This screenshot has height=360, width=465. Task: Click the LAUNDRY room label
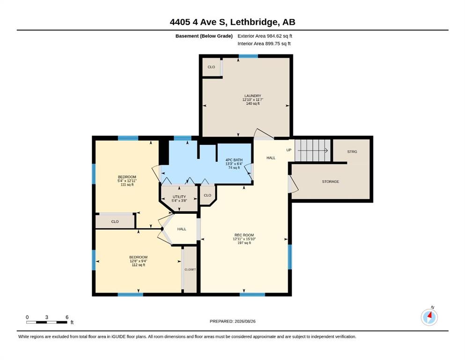pyautogui.click(x=253, y=96)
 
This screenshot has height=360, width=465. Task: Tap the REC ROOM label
pyautogui.click(x=244, y=235)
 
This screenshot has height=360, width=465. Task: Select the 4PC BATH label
pyautogui.click(x=234, y=160)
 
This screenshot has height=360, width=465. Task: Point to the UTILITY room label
pyautogui.click(x=179, y=197)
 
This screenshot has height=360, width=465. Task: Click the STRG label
pyautogui.click(x=352, y=152)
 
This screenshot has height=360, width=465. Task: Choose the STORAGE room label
pyautogui.click(x=330, y=181)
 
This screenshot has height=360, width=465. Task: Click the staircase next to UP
pyautogui.click(x=312, y=150)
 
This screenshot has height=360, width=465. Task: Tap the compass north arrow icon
pyautogui.click(x=429, y=317)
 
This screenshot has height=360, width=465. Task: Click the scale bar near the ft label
pyautogui.click(x=46, y=322)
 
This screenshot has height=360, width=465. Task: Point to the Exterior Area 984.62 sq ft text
pyautogui.click(x=265, y=36)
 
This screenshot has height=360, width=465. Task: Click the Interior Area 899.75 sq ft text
pyautogui.click(x=264, y=44)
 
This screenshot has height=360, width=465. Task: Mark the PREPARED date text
pyautogui.click(x=232, y=321)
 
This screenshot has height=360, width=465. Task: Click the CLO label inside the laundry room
pyautogui.click(x=211, y=67)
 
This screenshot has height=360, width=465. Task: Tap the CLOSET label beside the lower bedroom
pyautogui.click(x=190, y=270)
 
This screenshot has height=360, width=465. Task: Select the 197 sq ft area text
pyautogui.click(x=244, y=243)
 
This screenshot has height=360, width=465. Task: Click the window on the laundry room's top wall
pyautogui.click(x=248, y=56)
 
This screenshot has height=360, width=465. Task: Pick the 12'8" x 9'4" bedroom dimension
pyautogui.click(x=139, y=261)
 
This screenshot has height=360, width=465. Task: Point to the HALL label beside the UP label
pyautogui.click(x=271, y=158)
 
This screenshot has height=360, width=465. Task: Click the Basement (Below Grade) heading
pyautogui.click(x=204, y=36)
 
